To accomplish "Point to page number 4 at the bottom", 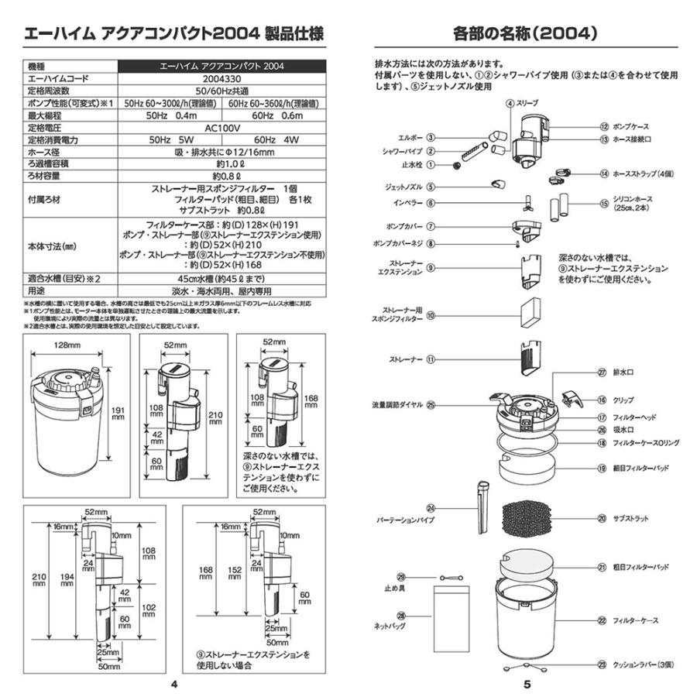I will coord(174,685).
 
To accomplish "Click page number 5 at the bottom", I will coord(526,685).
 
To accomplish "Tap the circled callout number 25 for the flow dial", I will coord(431,403).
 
